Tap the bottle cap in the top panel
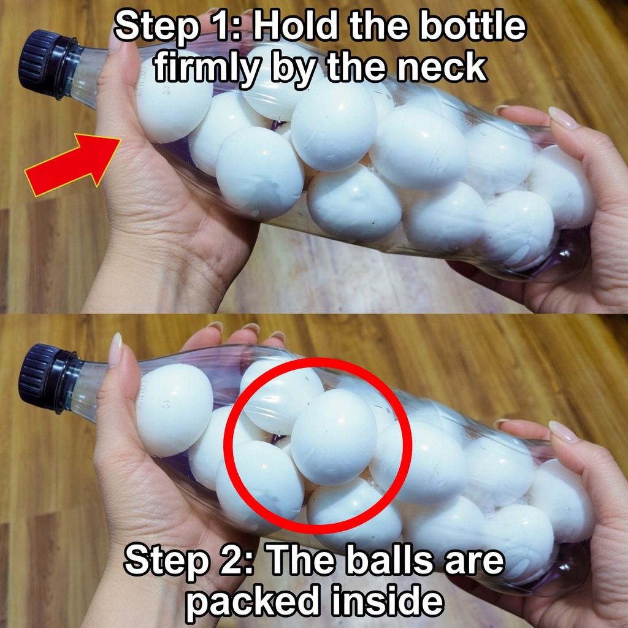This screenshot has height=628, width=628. point(45,64)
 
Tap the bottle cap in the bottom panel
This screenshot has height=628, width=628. point(45,378)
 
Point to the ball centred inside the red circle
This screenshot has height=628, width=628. point(334,437)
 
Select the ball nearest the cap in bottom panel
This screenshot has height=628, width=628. point(175,410)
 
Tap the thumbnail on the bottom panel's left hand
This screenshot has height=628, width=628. point(116,350)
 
